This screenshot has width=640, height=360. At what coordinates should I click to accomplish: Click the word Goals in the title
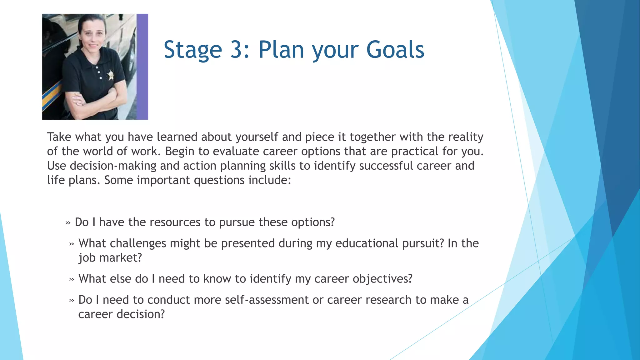[395, 50]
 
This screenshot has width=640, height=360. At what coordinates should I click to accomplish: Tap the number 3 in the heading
[237, 50]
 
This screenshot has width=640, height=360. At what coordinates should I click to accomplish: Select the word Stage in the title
[193, 50]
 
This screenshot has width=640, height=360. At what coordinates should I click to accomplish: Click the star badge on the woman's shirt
[110, 75]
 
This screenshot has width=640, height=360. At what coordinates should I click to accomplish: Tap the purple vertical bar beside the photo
[142, 67]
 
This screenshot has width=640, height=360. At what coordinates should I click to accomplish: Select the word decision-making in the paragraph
[113, 166]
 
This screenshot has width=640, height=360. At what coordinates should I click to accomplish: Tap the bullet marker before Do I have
[68, 223]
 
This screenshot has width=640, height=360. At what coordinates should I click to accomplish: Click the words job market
[110, 258]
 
